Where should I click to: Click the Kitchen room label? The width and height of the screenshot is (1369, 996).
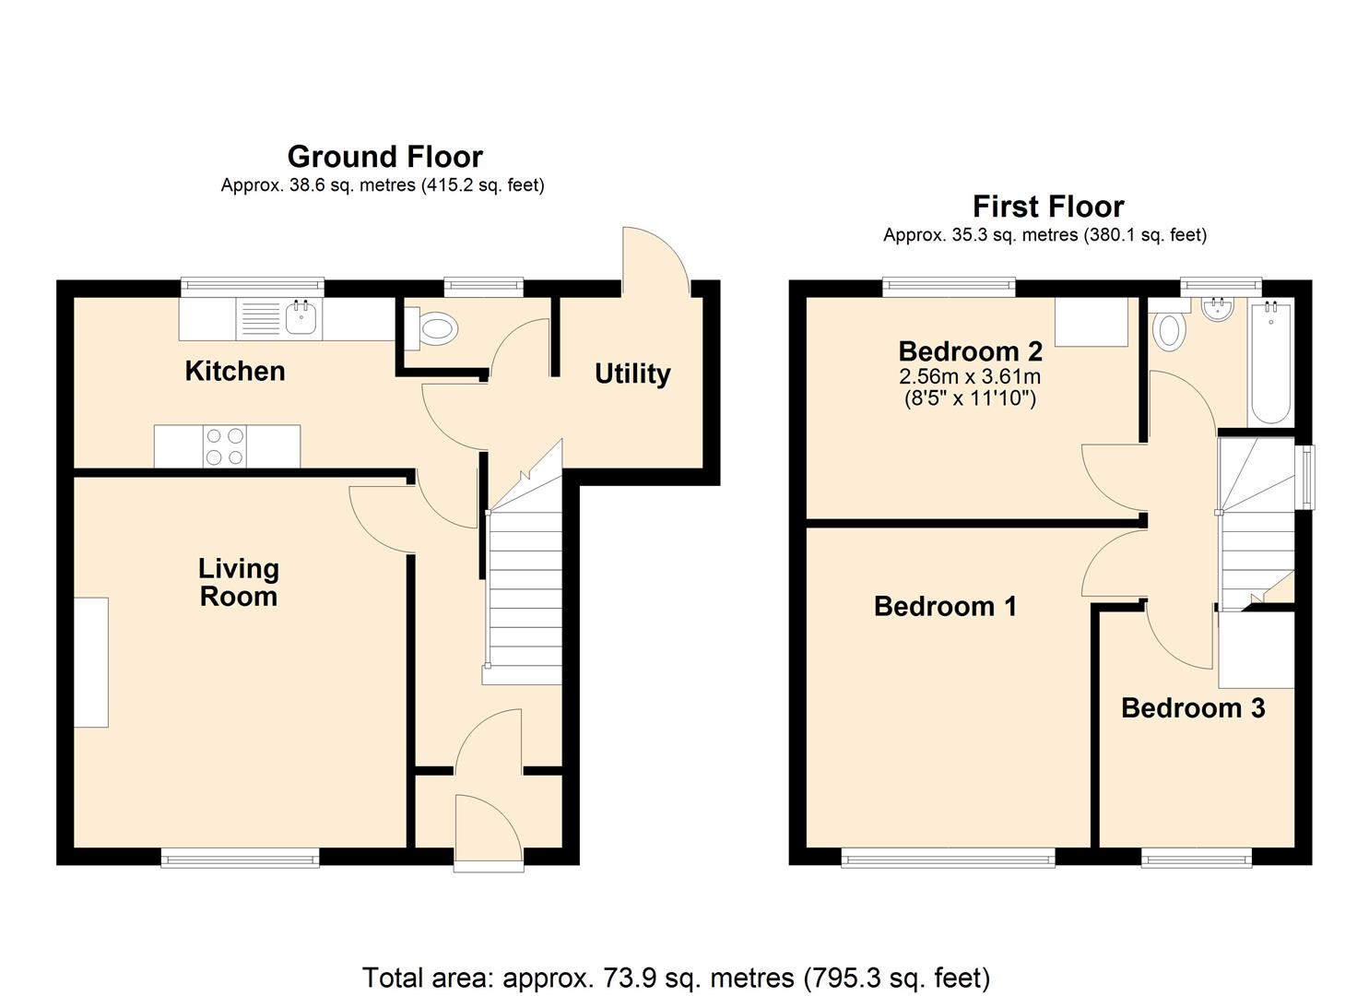pyautogui.click(x=235, y=371)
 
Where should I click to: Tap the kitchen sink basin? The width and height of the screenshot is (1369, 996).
pyautogui.click(x=301, y=318)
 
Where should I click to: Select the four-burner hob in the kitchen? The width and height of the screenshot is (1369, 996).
pyautogui.click(x=226, y=446)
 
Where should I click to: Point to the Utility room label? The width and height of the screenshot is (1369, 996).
pyautogui.click(x=631, y=373)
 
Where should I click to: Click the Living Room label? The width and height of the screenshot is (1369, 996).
pyautogui.click(x=239, y=582)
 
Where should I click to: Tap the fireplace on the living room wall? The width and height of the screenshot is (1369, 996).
pyautogui.click(x=91, y=662)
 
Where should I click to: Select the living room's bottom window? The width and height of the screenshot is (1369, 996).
pyautogui.click(x=240, y=859)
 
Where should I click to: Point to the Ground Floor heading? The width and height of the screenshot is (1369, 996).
pyautogui.click(x=384, y=156)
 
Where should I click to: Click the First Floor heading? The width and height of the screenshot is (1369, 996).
pyautogui.click(x=1048, y=206)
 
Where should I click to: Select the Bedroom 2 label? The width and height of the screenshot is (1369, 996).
pyautogui.click(x=970, y=351)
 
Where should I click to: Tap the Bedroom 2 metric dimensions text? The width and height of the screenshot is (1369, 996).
pyautogui.click(x=970, y=376)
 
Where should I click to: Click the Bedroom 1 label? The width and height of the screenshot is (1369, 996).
pyautogui.click(x=945, y=606)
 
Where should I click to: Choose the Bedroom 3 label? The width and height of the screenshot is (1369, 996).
pyautogui.click(x=1193, y=707)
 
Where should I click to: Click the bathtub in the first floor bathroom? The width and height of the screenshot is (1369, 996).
pyautogui.click(x=1271, y=362)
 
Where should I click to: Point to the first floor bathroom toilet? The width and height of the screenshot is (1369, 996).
pyautogui.click(x=1169, y=330)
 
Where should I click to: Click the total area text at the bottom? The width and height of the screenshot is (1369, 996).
pyautogui.click(x=676, y=977)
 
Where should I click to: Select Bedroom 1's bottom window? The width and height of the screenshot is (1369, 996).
pyautogui.click(x=949, y=859)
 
